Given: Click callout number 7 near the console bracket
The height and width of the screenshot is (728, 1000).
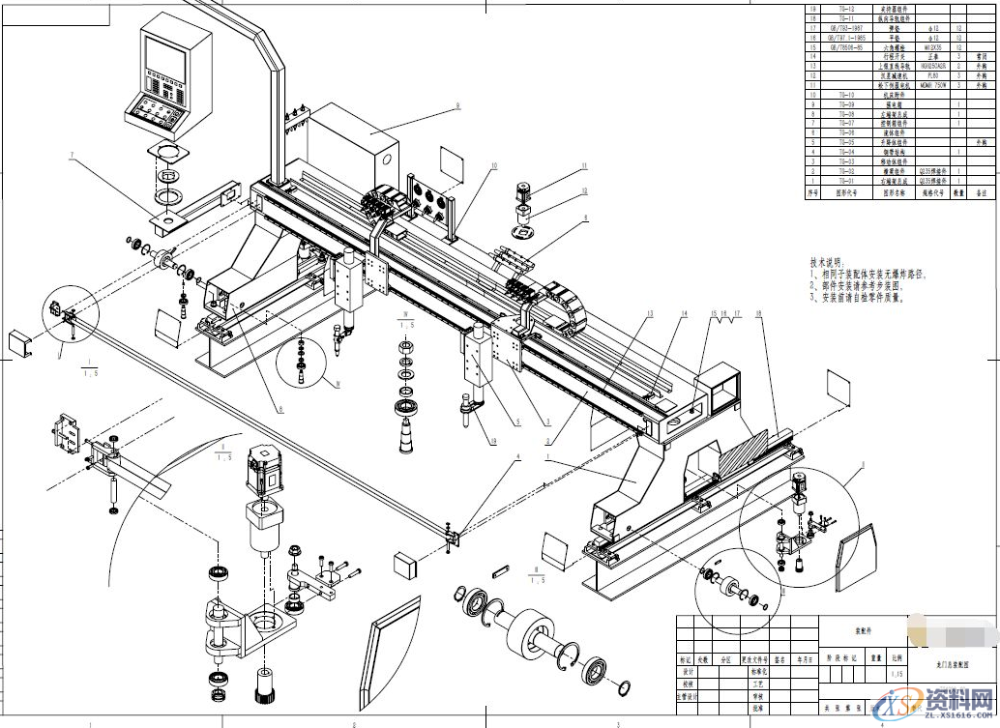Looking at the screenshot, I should (x=71, y=154).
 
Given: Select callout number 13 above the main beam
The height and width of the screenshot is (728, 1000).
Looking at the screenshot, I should (x=651, y=313).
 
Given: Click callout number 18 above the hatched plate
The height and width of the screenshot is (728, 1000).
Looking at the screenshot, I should (x=759, y=313).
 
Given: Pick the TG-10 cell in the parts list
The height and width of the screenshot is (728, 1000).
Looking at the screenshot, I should (x=845, y=95).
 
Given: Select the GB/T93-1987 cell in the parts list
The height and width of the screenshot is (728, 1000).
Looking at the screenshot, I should (x=845, y=28).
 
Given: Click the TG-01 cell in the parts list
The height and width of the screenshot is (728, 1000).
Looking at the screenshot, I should (x=845, y=181).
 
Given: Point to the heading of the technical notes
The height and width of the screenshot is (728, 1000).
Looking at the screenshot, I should (x=827, y=262).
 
